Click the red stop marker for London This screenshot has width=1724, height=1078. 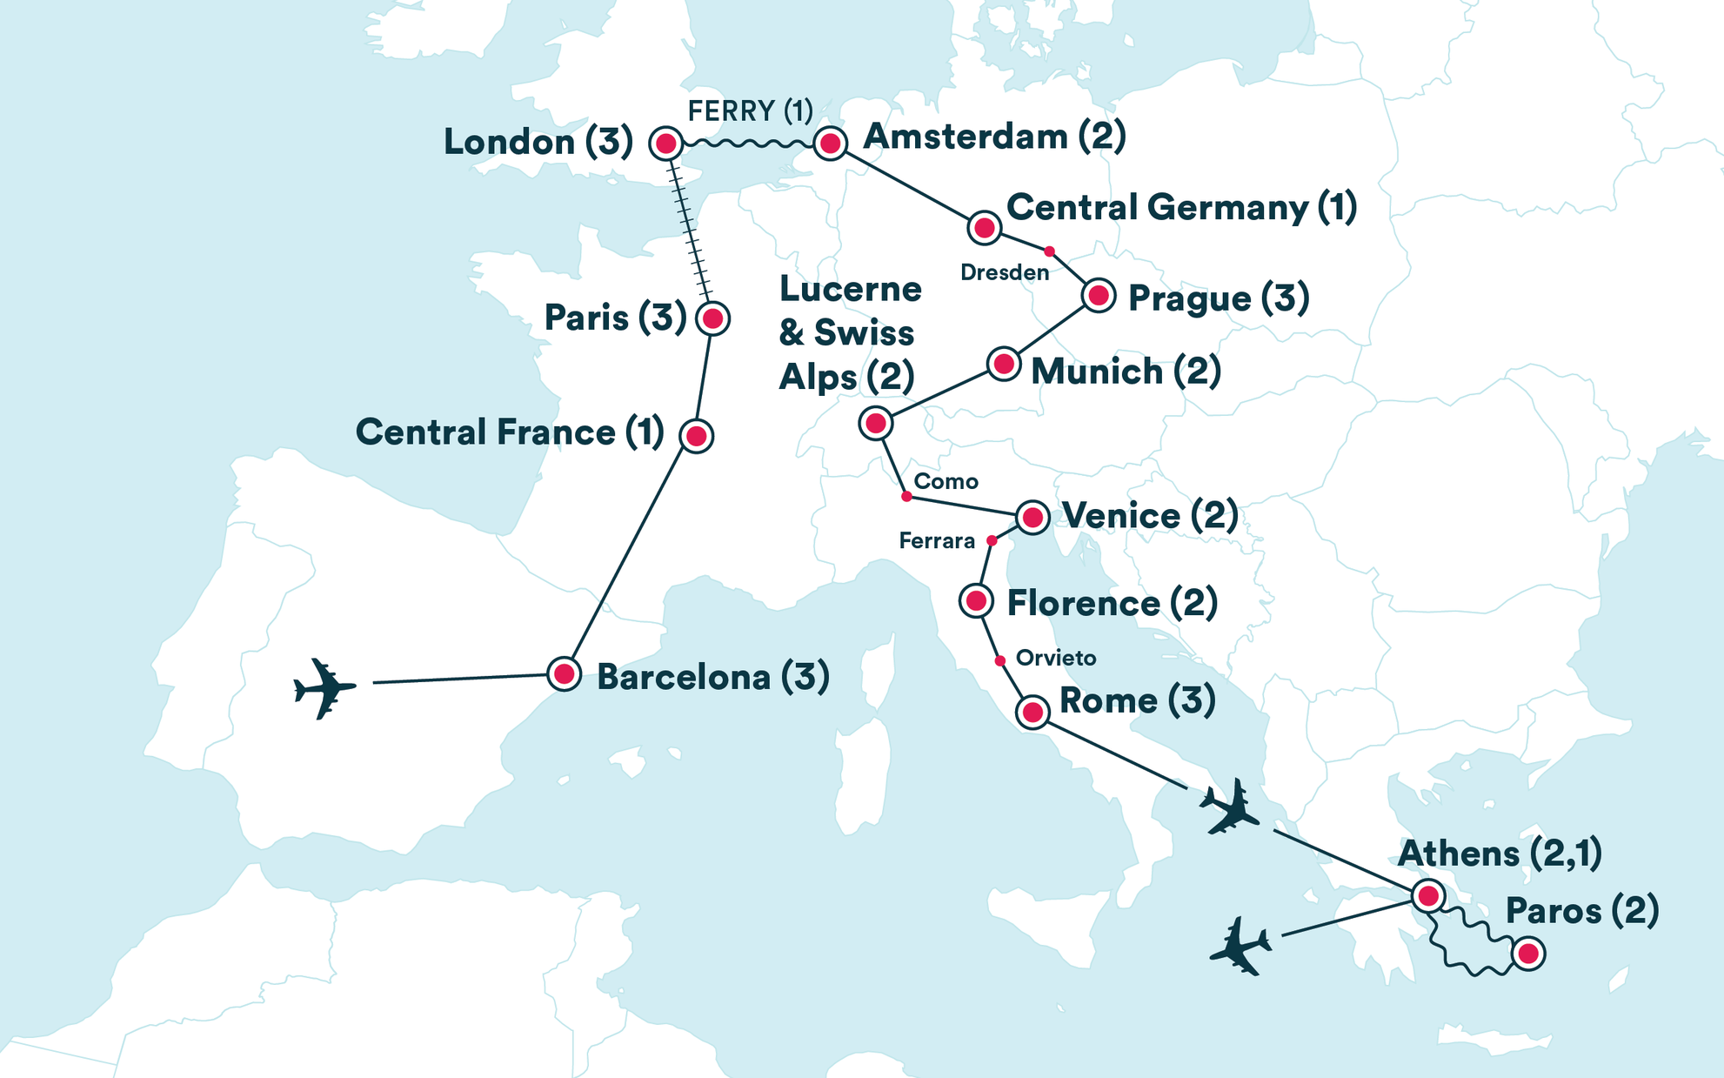(x=666, y=144)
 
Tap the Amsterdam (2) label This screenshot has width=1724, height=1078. (x=993, y=137)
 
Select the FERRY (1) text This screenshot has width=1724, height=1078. (x=750, y=111)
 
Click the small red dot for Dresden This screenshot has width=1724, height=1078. (x=1049, y=251)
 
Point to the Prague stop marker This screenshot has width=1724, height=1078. (x=1099, y=296)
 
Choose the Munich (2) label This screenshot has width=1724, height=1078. (x=1126, y=372)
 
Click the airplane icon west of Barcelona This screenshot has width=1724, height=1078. (x=324, y=688)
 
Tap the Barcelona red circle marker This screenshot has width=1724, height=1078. (x=565, y=673)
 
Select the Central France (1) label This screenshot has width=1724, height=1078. (x=510, y=432)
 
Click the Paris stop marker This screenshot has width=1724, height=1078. (x=713, y=318)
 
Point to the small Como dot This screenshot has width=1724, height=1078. (x=906, y=496)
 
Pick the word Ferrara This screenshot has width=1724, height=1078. (x=936, y=541)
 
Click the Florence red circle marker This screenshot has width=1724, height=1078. (x=976, y=600)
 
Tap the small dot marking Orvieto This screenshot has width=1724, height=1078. (x=1000, y=661)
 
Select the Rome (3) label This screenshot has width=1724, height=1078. (x=1137, y=700)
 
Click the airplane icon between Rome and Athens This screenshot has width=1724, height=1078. (x=1229, y=807)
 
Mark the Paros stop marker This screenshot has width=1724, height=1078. (x=1528, y=954)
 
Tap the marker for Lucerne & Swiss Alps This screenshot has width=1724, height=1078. (x=875, y=424)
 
